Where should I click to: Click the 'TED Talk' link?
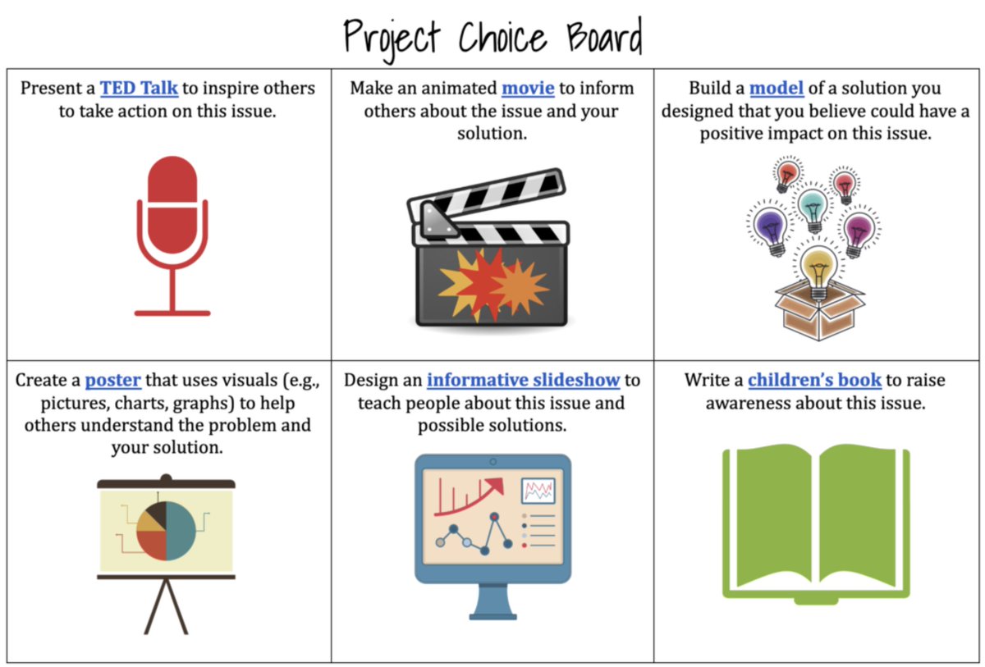[139, 88]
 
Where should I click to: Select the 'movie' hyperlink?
[528, 88]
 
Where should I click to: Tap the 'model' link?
[777, 88]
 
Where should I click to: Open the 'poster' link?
[113, 381]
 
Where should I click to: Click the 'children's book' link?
[814, 381]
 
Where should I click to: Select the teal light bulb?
[813, 204]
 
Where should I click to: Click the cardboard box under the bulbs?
[818, 312]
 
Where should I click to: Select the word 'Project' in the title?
[391, 37]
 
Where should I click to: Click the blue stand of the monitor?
[493, 603]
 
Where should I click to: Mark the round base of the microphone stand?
[172, 313]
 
